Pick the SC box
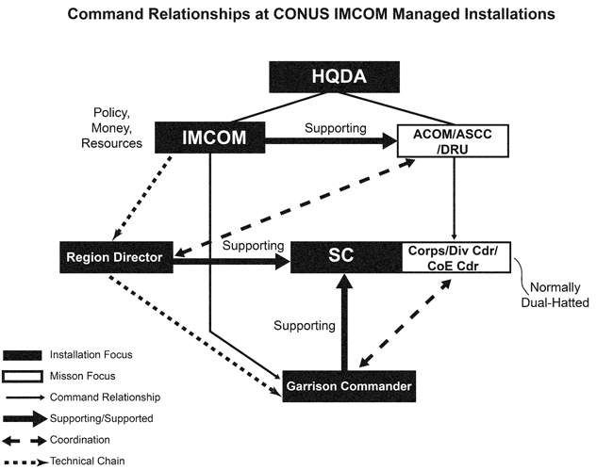(x=344, y=255)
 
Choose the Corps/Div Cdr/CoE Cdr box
(x=456, y=255)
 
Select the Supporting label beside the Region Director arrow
(x=254, y=245)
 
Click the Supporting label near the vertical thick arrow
(x=304, y=326)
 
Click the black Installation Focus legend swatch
(x=24, y=355)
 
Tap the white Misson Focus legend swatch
(x=24, y=376)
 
